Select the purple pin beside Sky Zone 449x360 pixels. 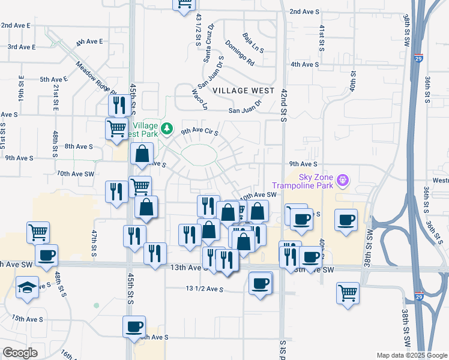[343, 179]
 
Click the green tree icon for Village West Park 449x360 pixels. [169, 129]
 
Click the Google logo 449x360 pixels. [20, 353]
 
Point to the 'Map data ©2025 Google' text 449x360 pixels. [411, 355]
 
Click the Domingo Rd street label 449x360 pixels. [240, 53]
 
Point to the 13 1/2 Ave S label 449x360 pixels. [205, 289]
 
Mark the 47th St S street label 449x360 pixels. [94, 243]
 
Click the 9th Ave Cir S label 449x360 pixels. [199, 131]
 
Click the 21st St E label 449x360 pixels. [55, 95]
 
